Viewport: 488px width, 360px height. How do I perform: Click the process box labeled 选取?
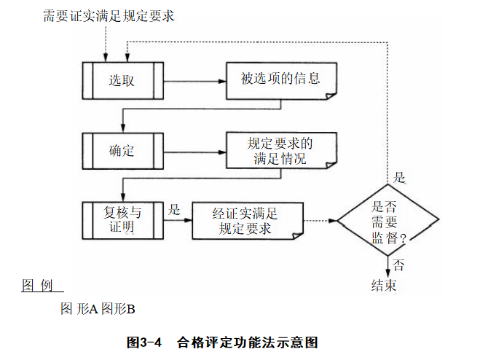[122, 79]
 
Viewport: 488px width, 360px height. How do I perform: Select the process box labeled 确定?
[122, 151]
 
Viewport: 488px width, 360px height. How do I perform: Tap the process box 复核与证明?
[122, 219]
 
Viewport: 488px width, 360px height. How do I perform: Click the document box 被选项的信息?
[280, 79]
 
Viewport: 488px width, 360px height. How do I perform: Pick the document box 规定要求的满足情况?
[280, 151]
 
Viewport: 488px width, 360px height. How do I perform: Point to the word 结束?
[384, 285]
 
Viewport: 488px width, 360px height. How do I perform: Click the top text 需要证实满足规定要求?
[108, 16]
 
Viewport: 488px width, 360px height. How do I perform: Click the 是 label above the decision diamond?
[399, 177]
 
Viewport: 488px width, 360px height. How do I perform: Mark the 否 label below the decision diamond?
[398, 264]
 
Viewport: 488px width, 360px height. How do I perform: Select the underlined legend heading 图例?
[37, 284]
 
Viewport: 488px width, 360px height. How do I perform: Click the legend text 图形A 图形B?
[98, 309]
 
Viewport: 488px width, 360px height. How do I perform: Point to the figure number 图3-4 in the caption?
[143, 341]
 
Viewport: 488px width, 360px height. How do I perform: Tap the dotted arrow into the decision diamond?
[320, 219]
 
